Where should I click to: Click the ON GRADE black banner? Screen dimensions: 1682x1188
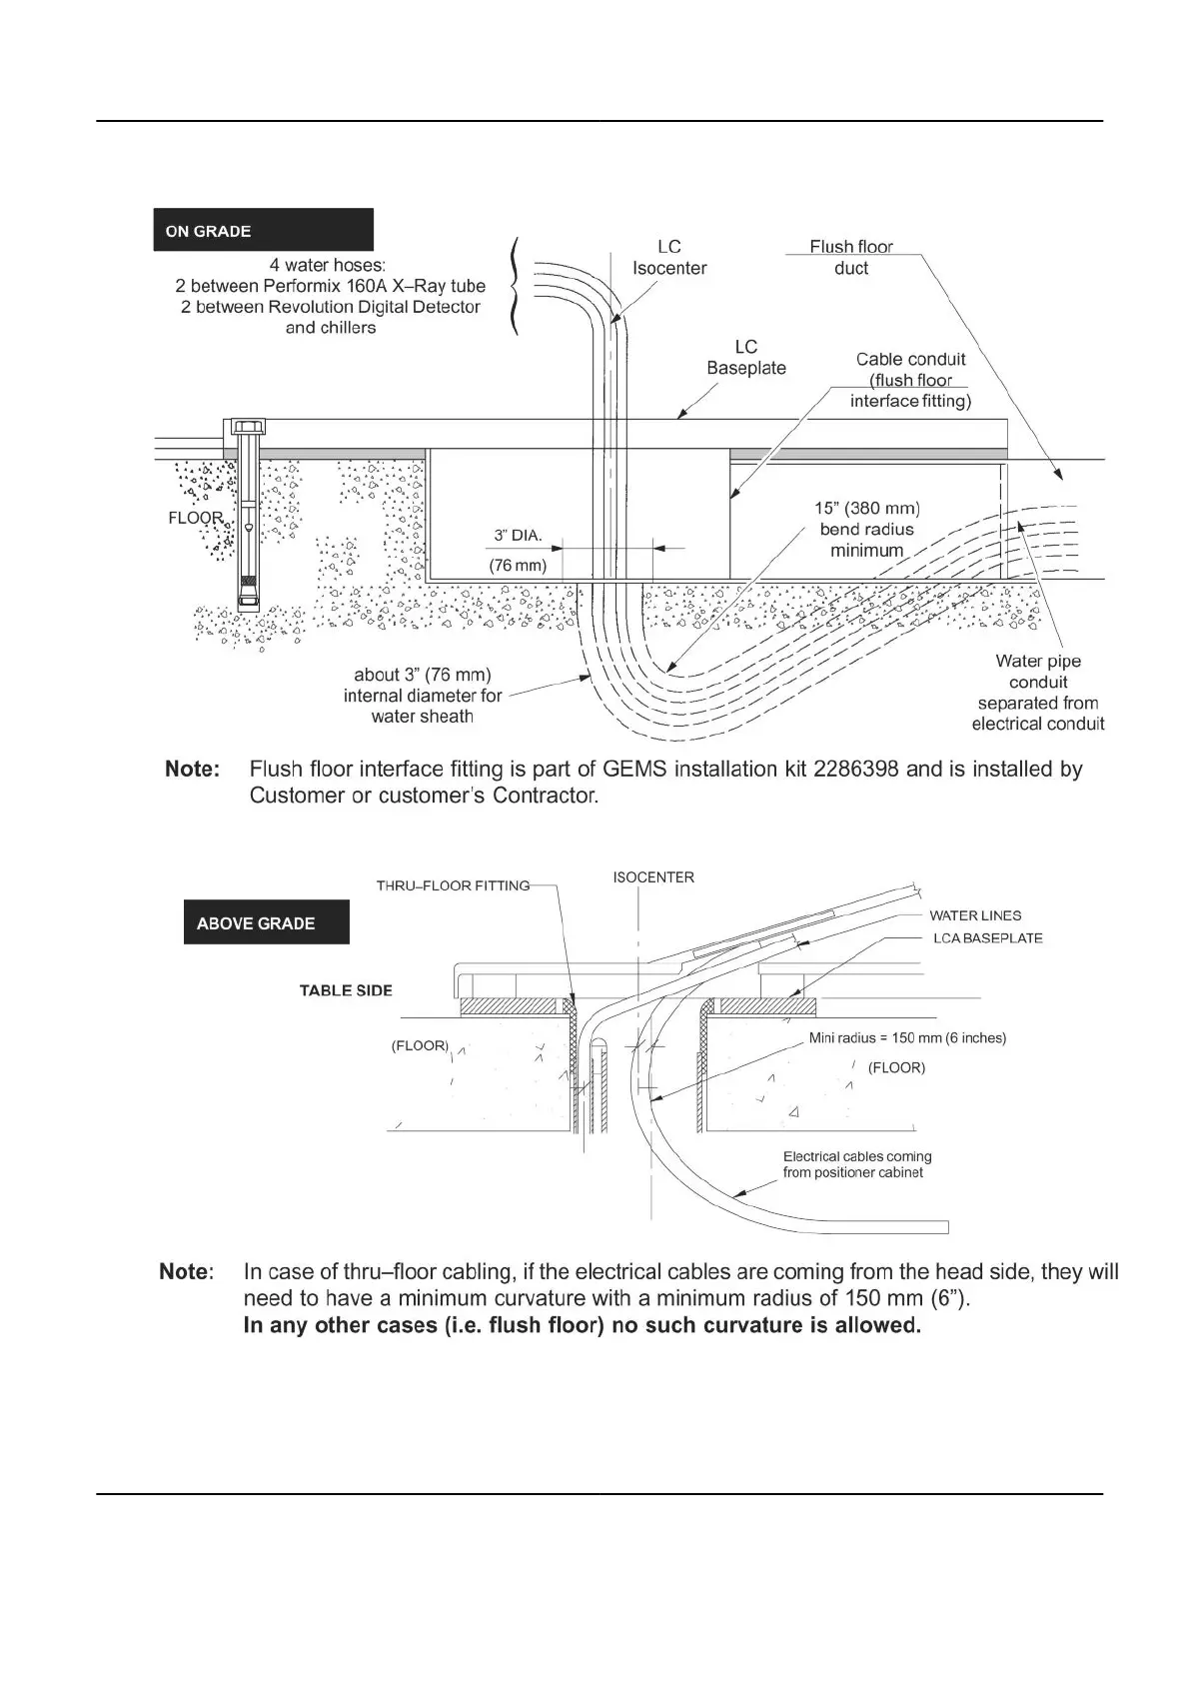[x=263, y=230]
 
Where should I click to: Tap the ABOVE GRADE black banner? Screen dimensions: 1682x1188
[x=266, y=922]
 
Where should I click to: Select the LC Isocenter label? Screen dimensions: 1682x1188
[x=669, y=258]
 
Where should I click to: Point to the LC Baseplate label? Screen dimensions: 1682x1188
[x=746, y=357]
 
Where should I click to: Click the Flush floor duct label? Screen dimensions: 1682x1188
[x=851, y=257]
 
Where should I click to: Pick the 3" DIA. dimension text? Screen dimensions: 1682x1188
[x=519, y=536]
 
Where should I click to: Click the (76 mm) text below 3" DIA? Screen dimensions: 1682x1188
[x=518, y=566]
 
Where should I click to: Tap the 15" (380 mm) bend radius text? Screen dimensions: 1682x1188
[x=867, y=529]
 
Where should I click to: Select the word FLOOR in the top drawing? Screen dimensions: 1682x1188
[x=196, y=518]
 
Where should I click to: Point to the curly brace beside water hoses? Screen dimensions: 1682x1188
[x=515, y=286]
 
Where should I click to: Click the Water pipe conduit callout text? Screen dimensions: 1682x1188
[x=1038, y=692]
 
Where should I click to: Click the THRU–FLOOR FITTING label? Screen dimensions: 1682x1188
[x=453, y=885]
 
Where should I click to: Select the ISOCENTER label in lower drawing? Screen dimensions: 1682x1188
[x=653, y=877]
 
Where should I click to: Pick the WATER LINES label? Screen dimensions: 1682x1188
[x=975, y=915]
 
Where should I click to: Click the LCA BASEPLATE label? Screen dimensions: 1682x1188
[x=988, y=938]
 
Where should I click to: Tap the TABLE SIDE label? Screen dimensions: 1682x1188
[x=346, y=990]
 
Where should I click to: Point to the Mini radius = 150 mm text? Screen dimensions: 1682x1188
[x=907, y=1038]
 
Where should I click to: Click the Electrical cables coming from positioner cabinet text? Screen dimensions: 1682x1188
[x=857, y=1164]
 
